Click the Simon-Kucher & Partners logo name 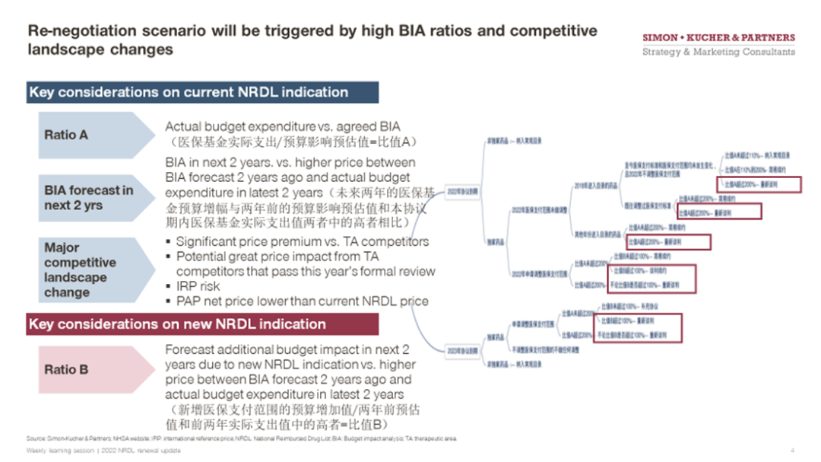click(718, 37)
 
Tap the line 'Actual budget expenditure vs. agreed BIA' click(283, 126)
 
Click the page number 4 click(792, 450)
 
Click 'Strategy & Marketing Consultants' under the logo click(718, 53)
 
